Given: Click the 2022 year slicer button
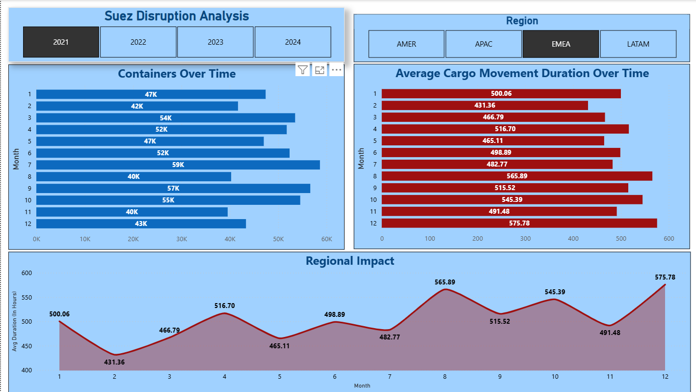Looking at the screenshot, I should (x=138, y=42).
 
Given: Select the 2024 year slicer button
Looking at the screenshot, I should (x=293, y=42).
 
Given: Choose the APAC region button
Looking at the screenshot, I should (x=483, y=44).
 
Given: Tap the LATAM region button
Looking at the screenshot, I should (x=638, y=44).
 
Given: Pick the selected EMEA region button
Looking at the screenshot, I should (x=561, y=44).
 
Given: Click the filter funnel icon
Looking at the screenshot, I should (x=303, y=70).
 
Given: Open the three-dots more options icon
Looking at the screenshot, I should (x=336, y=70).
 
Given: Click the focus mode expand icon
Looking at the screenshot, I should (x=320, y=70).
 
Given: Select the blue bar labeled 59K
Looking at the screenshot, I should (x=178, y=165).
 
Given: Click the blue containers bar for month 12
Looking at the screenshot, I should (x=141, y=224).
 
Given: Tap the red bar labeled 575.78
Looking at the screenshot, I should (x=519, y=224).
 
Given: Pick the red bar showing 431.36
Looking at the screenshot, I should (x=484, y=106).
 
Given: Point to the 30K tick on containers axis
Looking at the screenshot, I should (x=182, y=239).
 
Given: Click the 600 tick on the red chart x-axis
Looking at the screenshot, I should (x=669, y=239).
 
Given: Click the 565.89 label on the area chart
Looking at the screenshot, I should (x=445, y=282).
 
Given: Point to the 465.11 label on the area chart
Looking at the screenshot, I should (x=279, y=346).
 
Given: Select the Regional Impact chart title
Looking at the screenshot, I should (x=349, y=261).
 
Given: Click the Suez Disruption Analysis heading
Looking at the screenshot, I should (x=177, y=16).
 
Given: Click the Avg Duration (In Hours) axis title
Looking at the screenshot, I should (x=15, y=321).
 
